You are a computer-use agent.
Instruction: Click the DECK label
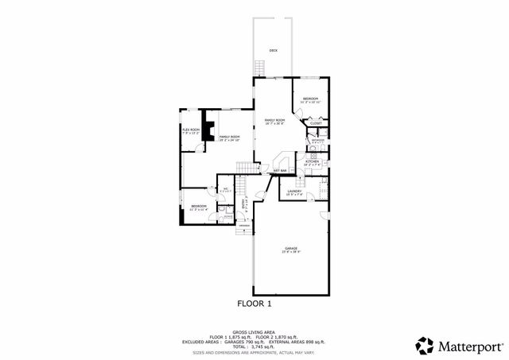[273, 50]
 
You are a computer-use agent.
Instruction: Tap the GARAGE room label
[291, 249]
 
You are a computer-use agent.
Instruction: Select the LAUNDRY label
[293, 191]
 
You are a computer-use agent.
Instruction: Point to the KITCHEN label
[312, 161]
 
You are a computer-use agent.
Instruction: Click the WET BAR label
[279, 170]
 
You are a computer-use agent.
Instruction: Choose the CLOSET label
[316, 123]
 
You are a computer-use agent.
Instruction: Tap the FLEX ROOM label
[190, 129]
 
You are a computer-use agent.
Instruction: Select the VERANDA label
[243, 225]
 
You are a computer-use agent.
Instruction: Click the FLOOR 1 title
[254, 304]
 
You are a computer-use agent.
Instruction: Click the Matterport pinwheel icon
[424, 345]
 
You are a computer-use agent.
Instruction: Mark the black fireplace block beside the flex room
[208, 127]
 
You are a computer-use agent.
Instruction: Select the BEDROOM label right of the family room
[309, 99]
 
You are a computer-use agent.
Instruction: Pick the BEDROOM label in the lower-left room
[198, 206]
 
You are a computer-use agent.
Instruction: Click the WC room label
[226, 188]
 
